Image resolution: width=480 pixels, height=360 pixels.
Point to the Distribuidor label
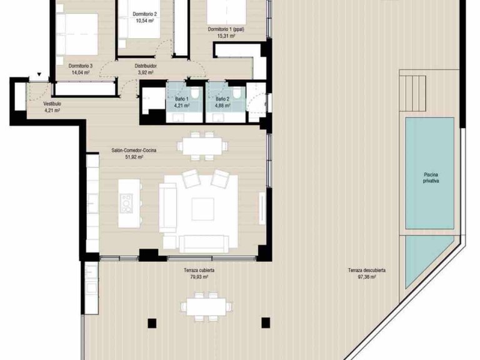point(146,65)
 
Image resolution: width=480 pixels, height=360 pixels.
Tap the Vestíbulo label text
point(52,103)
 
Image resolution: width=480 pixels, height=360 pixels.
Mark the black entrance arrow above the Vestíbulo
point(39,75)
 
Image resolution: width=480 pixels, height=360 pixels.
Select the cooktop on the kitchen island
point(127,204)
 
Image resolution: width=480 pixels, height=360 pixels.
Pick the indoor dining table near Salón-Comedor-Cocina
point(202,146)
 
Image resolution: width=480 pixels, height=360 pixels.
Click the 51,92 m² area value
point(134,158)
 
